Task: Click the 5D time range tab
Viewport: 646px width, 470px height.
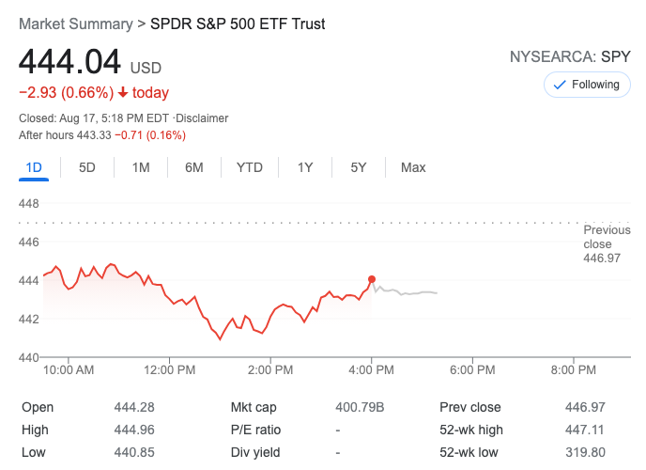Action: (87, 167)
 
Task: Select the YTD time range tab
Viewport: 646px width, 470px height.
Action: (249, 167)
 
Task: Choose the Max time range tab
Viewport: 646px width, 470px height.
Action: (413, 167)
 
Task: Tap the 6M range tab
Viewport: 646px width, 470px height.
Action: (194, 167)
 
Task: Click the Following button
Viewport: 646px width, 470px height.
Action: (587, 85)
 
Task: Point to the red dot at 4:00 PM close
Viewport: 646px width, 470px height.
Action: (373, 279)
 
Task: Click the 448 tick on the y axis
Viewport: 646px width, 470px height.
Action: (29, 204)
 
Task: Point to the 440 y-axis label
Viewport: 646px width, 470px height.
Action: (29, 357)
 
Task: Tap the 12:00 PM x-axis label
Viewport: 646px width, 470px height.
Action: (170, 370)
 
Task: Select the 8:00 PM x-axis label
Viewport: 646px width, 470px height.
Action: (574, 370)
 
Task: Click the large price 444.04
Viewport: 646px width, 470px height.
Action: (70, 62)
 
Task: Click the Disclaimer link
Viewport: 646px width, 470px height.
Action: (203, 118)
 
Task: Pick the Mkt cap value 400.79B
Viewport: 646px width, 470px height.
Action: (360, 407)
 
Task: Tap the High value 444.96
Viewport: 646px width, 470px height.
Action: (132, 430)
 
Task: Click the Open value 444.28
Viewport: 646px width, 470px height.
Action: (132, 407)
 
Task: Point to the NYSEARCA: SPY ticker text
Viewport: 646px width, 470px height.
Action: (570, 56)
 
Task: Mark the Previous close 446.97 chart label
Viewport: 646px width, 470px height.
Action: (602, 243)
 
